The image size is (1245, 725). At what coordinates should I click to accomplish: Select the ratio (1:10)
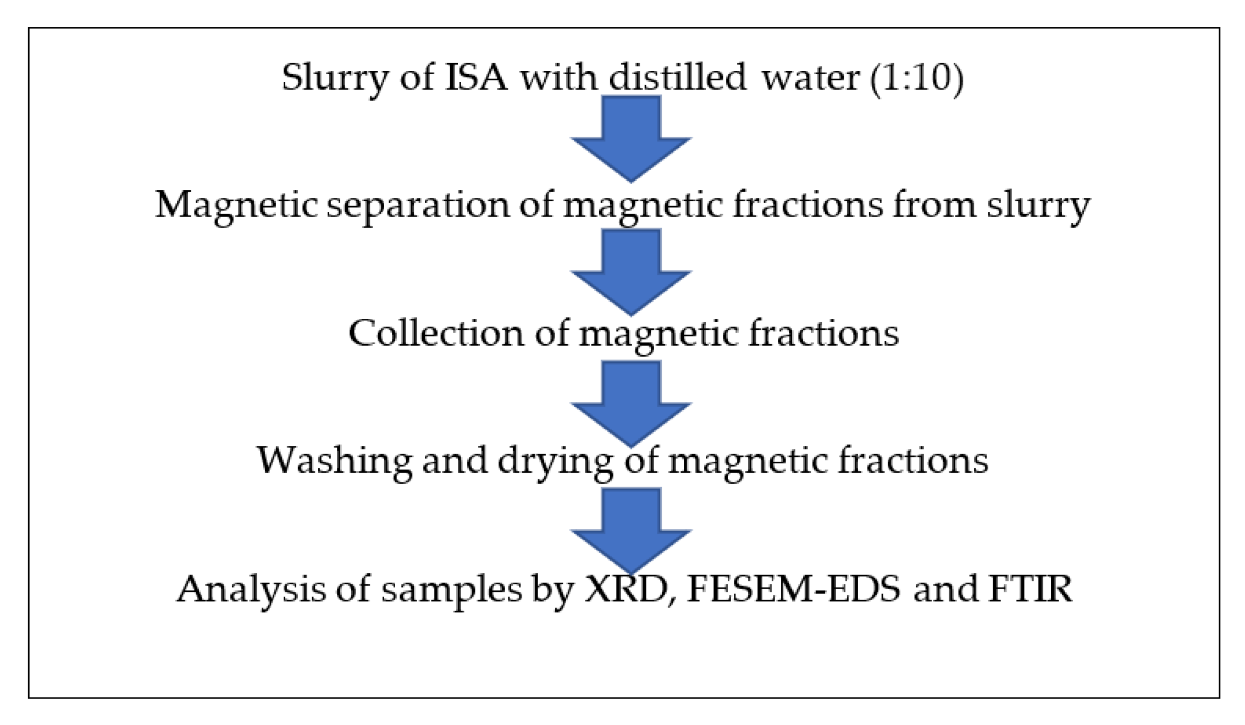pos(916,78)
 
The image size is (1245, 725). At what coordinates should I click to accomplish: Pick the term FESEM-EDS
pos(794,589)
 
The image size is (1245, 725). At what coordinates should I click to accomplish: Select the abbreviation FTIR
pos(1030,589)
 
